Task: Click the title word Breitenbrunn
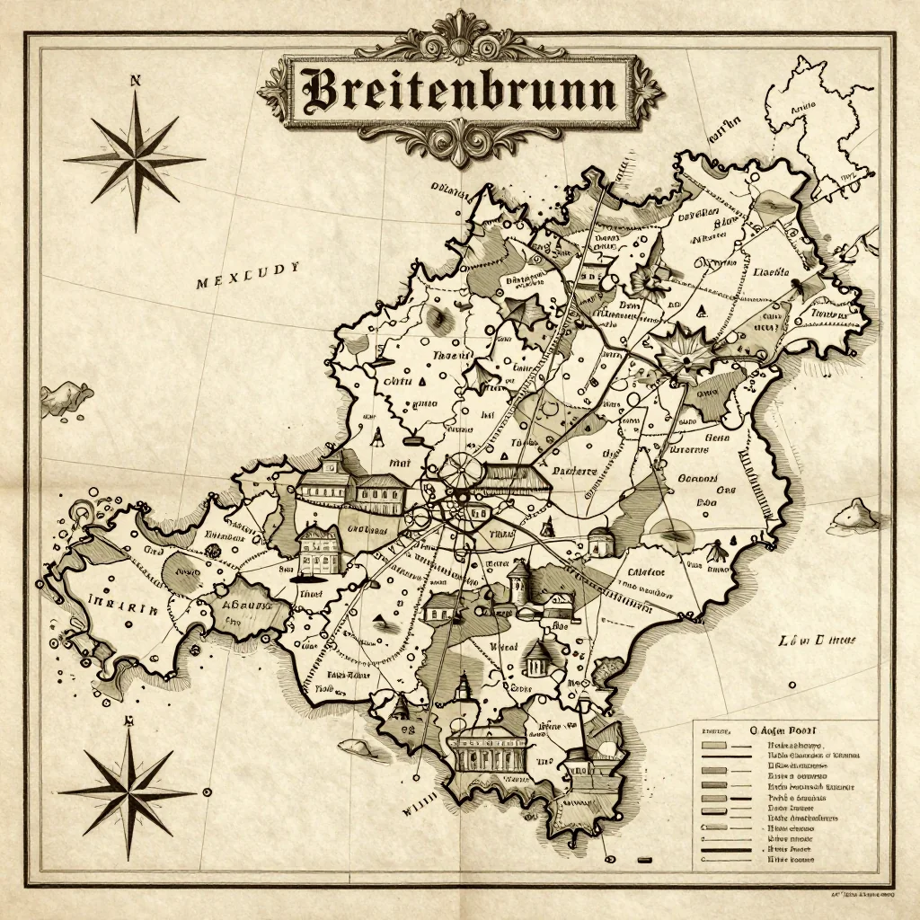pos(460,91)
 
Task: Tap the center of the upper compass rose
pos(136,159)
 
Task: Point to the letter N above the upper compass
pos(136,81)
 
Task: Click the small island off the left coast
pos(66,395)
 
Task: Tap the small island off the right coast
pos(856,516)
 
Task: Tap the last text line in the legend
pos(790,860)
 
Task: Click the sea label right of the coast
pos(817,641)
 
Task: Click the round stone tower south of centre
pos(518,581)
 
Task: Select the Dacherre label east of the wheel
pos(573,471)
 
